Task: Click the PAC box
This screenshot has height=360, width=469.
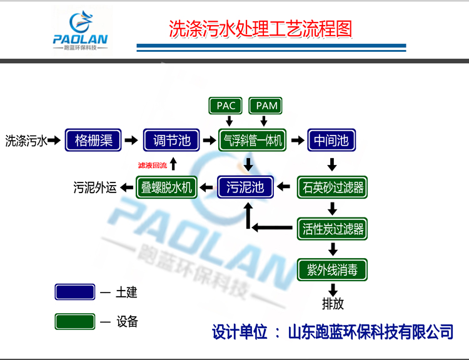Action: pos(226,106)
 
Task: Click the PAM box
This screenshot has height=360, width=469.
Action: pos(266,106)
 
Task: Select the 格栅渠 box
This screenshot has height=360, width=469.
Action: pos(93,141)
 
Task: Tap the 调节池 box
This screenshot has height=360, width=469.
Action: pos(171,141)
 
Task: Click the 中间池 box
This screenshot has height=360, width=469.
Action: pos(331,141)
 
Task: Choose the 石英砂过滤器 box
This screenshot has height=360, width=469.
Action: pos(331,186)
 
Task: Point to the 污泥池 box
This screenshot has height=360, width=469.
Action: pos(245,186)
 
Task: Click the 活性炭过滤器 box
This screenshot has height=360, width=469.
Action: pos(331,228)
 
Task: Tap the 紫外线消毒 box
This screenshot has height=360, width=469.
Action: pos(331,270)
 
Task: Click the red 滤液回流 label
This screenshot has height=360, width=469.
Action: pos(153,166)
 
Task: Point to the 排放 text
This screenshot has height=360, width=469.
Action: pos(333,305)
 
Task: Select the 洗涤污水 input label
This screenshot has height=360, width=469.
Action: pos(26,141)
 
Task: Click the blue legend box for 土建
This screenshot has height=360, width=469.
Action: pos(75,292)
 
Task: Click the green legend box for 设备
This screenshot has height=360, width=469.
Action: pos(75,322)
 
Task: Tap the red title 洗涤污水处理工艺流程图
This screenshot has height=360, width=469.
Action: pos(261,29)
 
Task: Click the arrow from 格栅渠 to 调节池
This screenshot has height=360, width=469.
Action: pos(131,141)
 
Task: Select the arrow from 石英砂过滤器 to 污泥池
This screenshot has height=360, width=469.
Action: pos(285,186)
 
